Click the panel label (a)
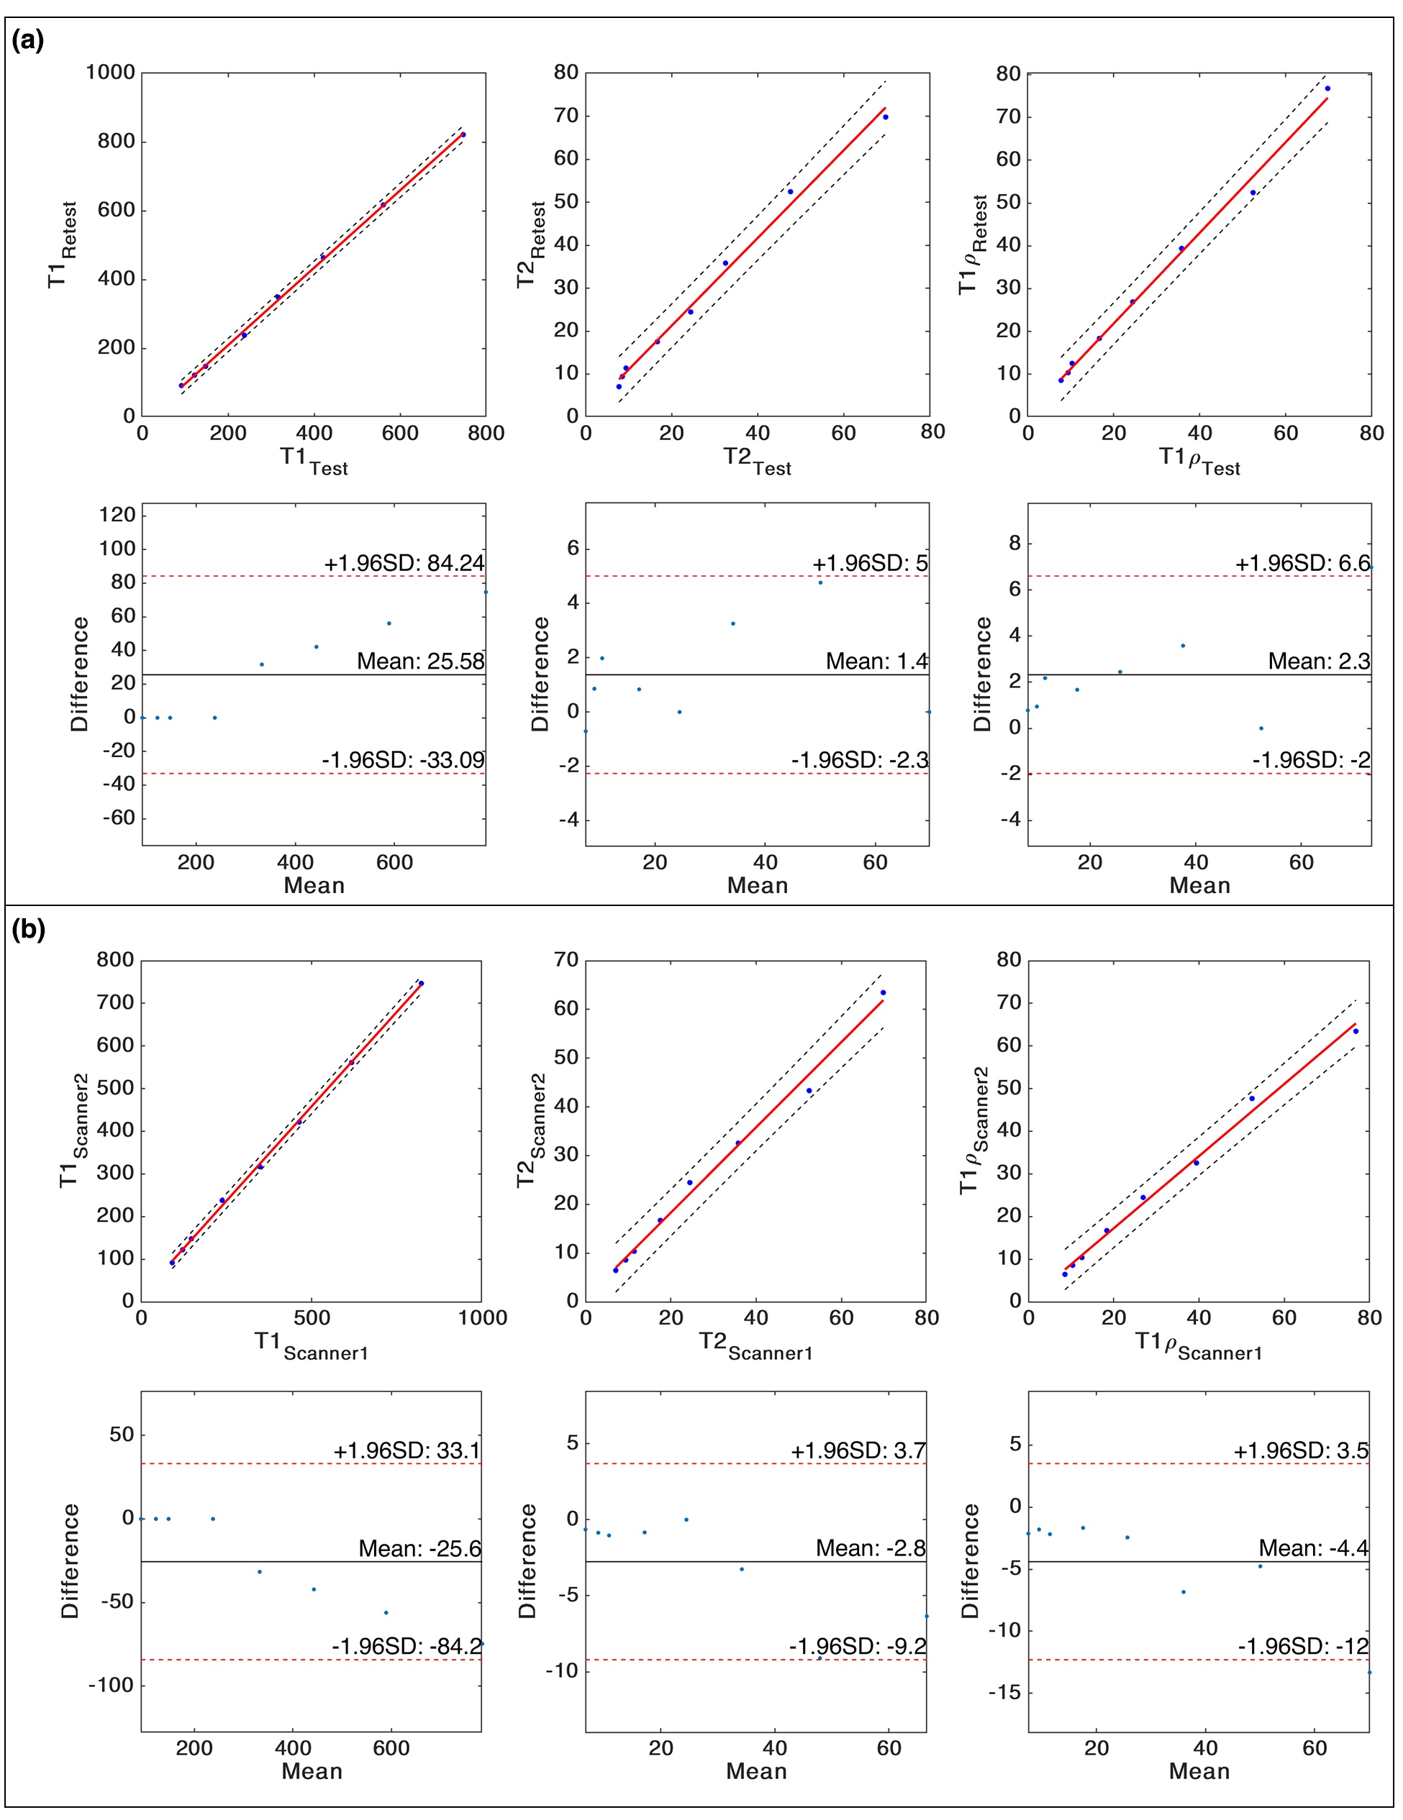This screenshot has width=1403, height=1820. coord(27,40)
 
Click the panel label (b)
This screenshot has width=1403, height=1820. coord(27,928)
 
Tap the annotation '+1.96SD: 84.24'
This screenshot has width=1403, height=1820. coord(404,563)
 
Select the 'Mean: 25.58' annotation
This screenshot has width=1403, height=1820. coord(420,662)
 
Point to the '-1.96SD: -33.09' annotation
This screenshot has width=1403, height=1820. coord(403,760)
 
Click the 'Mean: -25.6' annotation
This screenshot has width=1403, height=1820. coord(419,1548)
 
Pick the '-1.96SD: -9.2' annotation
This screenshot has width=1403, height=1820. coord(857,1647)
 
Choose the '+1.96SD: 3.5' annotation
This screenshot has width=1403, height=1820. coord(1300,1451)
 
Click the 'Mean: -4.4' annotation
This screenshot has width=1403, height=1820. coord(1313,1548)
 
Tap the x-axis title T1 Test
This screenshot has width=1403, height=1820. coord(314,460)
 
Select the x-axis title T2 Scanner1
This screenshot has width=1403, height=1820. coord(755,1347)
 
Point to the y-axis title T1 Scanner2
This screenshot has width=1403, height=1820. coord(73,1130)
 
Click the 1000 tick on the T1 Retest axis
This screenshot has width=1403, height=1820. coord(110,73)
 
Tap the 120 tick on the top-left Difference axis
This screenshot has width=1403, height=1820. coord(117,515)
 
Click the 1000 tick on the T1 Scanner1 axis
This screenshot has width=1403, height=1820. coord(483,1317)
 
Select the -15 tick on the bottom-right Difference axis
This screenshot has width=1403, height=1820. coord(1005,1693)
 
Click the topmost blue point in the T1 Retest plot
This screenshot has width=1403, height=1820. coord(463,134)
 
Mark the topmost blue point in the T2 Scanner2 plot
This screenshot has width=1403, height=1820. coord(883,992)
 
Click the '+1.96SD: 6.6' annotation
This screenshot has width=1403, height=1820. coord(1302,563)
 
